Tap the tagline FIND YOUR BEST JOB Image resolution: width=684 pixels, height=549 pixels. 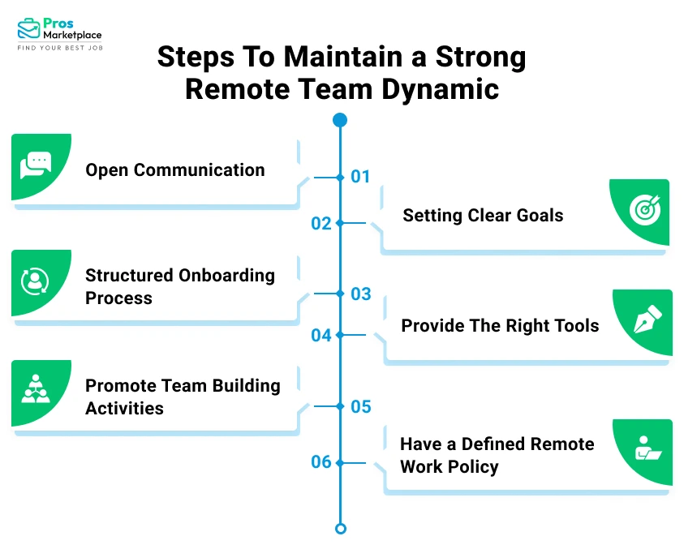[x=60, y=49]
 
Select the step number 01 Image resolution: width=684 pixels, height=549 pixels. [x=360, y=177]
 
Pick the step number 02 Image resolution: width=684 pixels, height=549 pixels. [x=321, y=224]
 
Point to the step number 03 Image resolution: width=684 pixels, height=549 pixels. [x=360, y=294]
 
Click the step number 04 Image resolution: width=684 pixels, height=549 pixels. [x=321, y=335]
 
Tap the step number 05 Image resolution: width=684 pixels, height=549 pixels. [x=360, y=406]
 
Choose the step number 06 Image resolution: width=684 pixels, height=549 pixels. [x=321, y=462]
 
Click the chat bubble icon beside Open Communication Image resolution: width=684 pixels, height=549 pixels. [x=35, y=165]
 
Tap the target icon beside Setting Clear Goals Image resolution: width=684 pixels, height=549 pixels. [x=646, y=211]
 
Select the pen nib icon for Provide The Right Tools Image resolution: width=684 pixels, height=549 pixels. [x=647, y=321]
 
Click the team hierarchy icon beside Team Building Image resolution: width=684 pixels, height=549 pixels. [x=35, y=390]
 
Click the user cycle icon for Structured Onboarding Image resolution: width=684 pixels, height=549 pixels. [x=35, y=281]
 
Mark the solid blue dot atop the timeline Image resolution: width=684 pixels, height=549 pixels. [x=340, y=120]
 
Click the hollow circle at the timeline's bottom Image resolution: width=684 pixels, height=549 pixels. [x=341, y=529]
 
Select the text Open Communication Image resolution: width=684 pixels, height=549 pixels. [x=174, y=170]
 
